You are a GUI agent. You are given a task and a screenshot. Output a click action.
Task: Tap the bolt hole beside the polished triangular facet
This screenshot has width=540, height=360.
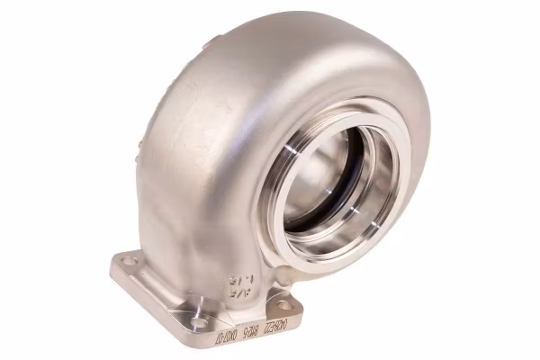[199, 320]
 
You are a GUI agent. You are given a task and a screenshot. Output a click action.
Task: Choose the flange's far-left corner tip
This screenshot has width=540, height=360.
[112, 264]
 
